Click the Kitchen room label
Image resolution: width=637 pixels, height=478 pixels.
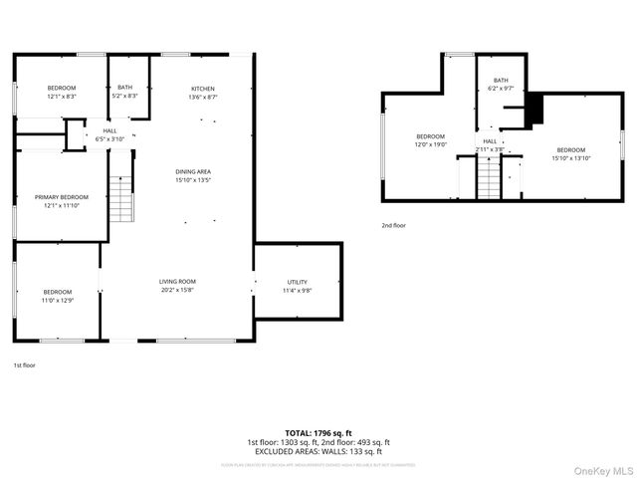[x=201, y=92]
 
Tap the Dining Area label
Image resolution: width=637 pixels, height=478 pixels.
[x=193, y=176]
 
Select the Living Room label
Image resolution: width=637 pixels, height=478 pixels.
[x=177, y=286]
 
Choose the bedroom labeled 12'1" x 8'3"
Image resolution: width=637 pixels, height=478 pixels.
[x=62, y=92]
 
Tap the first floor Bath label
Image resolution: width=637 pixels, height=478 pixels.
[x=125, y=92]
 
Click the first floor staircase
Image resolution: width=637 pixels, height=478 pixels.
[x=120, y=197]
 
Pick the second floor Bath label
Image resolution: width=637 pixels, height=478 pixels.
[x=500, y=85]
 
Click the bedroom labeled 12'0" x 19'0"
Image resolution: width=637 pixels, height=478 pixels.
[x=431, y=140]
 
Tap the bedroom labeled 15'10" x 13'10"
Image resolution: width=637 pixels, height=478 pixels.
[x=571, y=154]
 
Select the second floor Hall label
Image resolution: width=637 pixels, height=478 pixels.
[x=490, y=145]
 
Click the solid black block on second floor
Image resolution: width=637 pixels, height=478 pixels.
[x=534, y=109]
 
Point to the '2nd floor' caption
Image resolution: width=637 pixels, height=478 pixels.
[x=394, y=226]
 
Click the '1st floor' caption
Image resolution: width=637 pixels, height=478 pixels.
[x=25, y=365]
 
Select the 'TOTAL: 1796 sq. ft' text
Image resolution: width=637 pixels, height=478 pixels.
[x=318, y=434]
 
